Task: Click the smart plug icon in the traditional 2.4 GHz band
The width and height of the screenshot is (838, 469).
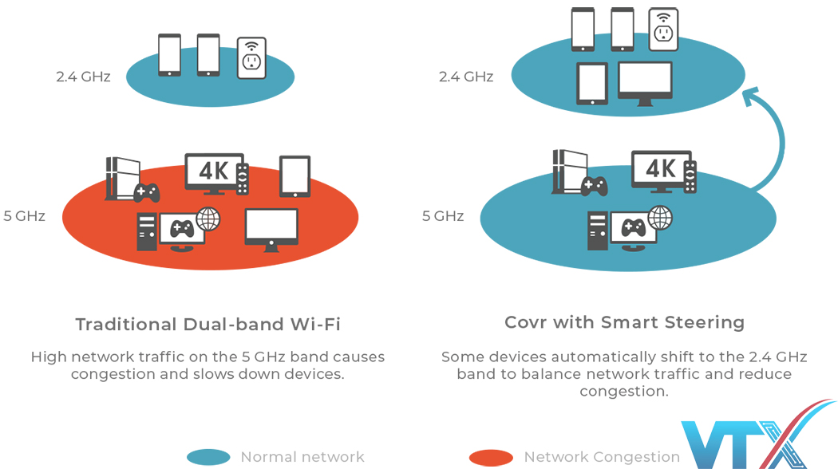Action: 251,57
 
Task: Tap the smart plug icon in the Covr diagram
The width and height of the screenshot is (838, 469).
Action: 663,29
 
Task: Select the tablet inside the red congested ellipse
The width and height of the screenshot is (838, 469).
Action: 294,176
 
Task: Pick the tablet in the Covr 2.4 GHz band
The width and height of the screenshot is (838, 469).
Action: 592,84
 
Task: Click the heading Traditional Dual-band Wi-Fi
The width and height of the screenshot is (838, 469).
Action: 208,324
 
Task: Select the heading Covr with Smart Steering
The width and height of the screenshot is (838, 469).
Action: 624,322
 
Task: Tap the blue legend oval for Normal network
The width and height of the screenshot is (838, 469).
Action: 208,457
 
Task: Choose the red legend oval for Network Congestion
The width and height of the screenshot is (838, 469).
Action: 491,457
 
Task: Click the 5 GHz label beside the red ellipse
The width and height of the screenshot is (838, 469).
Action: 24,215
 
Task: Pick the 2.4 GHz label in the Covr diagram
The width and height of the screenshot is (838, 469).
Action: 466,77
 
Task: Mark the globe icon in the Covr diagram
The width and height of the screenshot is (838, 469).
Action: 659,217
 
